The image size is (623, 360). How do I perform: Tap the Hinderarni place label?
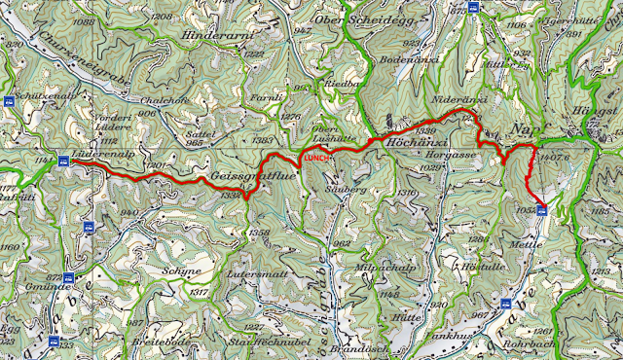[216, 38]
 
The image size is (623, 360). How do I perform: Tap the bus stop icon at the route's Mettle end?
[542, 209]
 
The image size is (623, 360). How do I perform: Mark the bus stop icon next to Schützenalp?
[10, 100]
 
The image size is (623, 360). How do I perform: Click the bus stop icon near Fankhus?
[506, 304]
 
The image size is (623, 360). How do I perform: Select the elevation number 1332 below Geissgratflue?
[231, 196]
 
